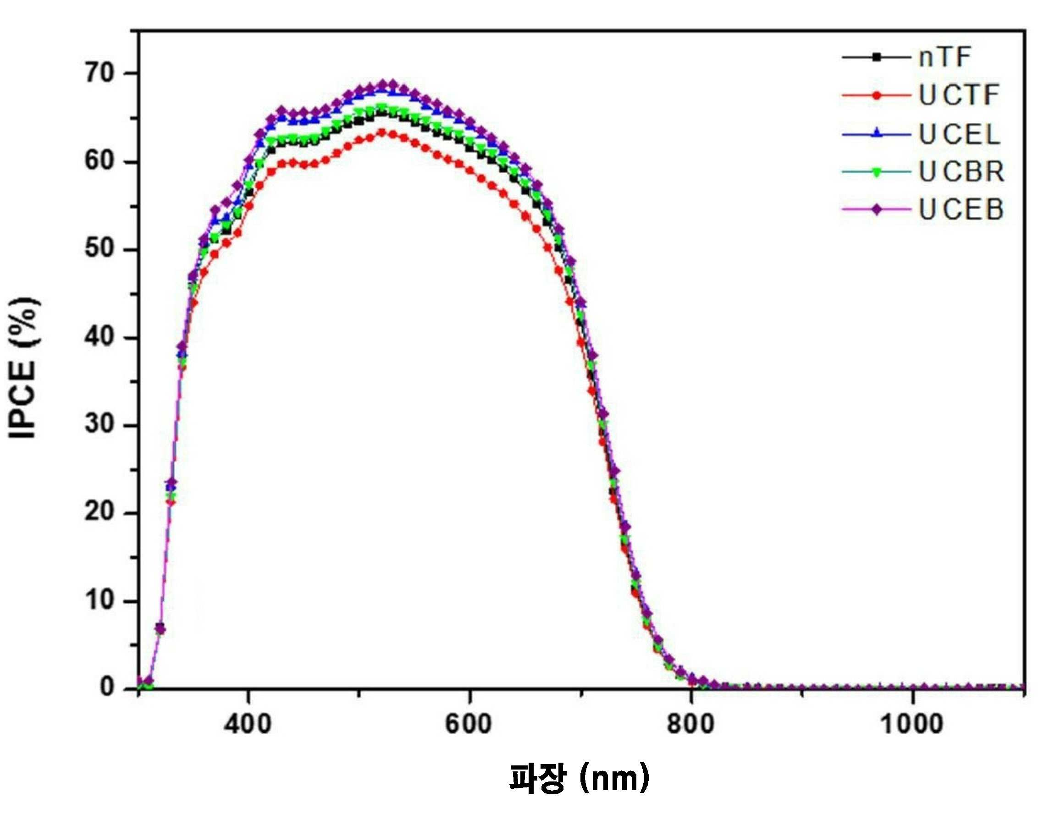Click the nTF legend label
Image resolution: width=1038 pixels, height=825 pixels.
[x=945, y=57]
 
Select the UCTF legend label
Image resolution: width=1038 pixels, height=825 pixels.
[x=959, y=95]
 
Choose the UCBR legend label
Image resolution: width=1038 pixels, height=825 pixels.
[x=961, y=171]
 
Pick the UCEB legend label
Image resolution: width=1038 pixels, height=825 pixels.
[x=961, y=209]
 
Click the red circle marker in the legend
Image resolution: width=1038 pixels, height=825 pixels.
[x=877, y=95]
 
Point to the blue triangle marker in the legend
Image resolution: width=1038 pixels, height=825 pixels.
[x=877, y=133]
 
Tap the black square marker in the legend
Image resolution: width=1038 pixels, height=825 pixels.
[x=877, y=57]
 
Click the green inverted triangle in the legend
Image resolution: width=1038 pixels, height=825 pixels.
[x=877, y=172]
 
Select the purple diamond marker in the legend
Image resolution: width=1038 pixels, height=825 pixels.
[x=877, y=209]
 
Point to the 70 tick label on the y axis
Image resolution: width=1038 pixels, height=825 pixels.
[x=99, y=74]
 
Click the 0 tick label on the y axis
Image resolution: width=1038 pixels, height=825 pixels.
[x=107, y=687]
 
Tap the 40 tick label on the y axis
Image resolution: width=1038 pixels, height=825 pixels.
[x=99, y=337]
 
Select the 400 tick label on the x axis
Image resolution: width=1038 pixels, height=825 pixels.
[x=248, y=723]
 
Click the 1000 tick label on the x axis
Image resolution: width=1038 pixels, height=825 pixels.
[x=912, y=723]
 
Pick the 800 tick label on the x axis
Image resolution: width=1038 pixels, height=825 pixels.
[x=691, y=723]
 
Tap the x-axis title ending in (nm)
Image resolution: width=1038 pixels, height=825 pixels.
[x=579, y=779]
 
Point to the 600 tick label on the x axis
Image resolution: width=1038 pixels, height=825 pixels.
[x=469, y=723]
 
